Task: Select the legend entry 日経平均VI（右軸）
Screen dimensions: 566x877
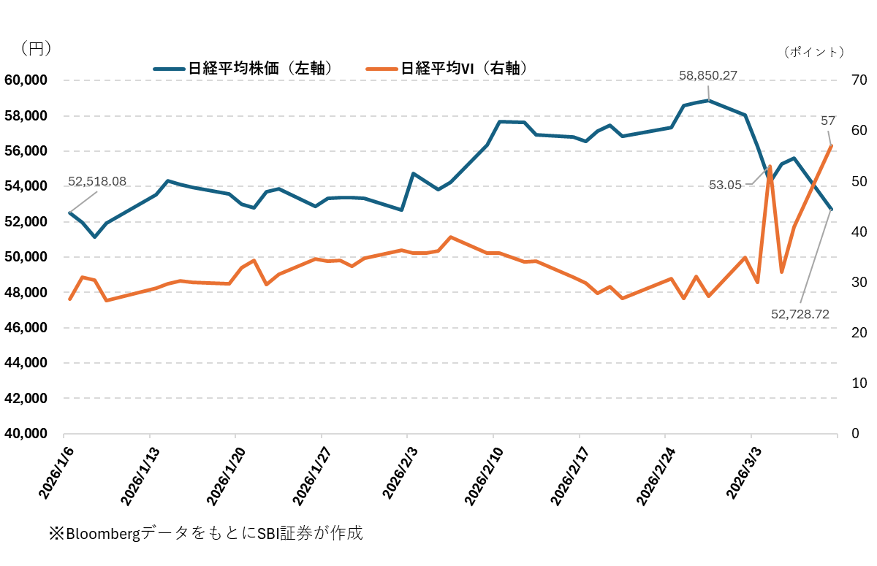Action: tap(447, 68)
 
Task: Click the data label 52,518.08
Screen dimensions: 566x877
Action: tap(97, 180)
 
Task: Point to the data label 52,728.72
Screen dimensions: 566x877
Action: tap(800, 314)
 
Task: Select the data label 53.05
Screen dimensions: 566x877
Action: tap(726, 186)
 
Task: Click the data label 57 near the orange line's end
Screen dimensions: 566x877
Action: tap(828, 121)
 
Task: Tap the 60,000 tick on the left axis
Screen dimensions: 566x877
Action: tap(26, 80)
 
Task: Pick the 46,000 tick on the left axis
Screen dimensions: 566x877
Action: tap(26, 328)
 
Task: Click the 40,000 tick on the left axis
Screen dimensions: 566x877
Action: tap(26, 434)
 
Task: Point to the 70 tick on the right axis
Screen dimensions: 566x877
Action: tap(859, 80)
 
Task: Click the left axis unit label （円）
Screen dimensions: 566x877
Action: tap(36, 49)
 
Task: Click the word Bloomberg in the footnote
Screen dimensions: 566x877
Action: tap(102, 533)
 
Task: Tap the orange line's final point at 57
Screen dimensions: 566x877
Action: tap(831, 146)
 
